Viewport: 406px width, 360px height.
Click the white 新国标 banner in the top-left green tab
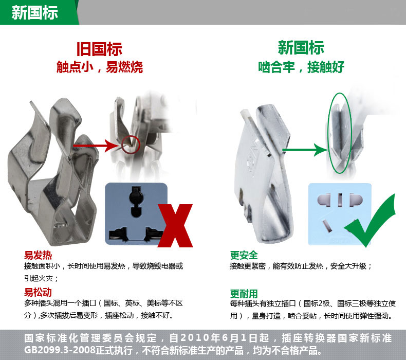coord(35,12)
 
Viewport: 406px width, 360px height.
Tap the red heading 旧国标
coord(99,49)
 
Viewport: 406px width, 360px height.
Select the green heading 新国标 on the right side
coord(301,48)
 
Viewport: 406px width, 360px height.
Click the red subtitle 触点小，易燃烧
coord(100,67)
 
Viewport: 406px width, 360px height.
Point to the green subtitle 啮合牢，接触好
coord(301,67)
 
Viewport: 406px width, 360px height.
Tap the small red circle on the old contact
coord(131,145)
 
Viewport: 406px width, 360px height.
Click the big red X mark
coord(175,225)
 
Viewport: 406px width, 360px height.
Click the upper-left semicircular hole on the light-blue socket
coord(324,200)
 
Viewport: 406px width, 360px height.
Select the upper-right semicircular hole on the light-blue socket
coord(356,200)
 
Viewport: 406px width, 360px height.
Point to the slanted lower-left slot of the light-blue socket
coord(327,226)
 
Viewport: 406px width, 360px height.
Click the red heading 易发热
coord(38,255)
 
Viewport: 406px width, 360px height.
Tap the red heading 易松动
coord(38,292)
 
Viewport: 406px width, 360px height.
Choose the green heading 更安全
coord(244,255)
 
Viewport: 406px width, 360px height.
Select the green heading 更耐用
coord(244,294)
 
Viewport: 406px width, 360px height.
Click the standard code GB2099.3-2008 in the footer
coord(60,350)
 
